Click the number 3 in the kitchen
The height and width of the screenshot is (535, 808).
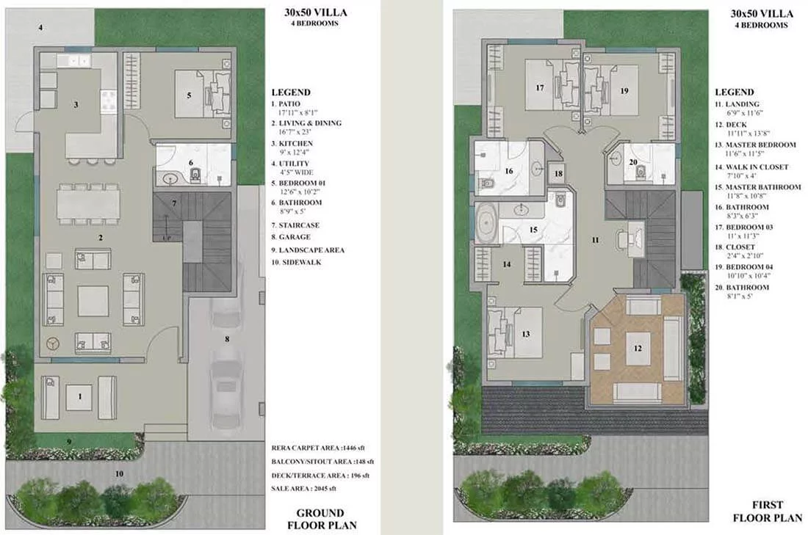coord(76,105)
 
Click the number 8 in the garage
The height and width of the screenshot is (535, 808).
coord(227,339)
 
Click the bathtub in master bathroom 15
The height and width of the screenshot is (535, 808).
coord(486,223)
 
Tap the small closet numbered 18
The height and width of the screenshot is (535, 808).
coord(558,174)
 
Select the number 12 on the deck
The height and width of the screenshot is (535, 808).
coord(638,349)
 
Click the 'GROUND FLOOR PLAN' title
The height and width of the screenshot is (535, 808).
coord(322,519)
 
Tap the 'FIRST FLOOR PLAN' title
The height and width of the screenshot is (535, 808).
coord(768,512)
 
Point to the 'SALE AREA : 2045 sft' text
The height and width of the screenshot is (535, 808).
coord(303,489)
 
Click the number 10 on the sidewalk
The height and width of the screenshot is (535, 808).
coord(119,474)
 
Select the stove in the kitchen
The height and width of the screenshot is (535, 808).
coord(109,101)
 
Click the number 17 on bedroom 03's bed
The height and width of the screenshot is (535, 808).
coord(540,88)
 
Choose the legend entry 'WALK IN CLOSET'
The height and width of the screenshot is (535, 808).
coord(757,167)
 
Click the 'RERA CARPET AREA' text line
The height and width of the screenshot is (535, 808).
coord(318,448)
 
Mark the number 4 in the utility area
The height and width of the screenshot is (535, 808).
coord(40,28)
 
